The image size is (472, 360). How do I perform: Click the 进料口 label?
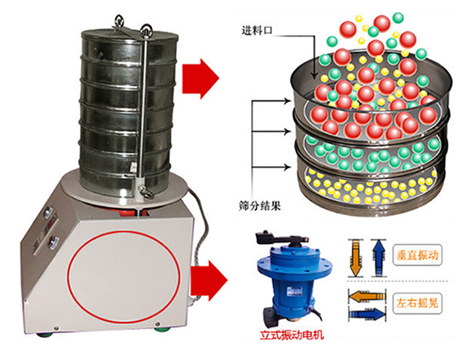(257, 31)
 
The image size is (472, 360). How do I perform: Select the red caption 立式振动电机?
(292, 334)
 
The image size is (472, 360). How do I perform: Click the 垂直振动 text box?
(417, 255)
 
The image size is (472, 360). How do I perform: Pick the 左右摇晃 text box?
(417, 303)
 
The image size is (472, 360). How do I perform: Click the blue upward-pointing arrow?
(378, 258)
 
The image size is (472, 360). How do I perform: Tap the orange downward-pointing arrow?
(355, 258)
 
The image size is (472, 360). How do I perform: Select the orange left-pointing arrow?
(367, 296)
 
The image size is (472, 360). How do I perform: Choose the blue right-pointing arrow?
(367, 314)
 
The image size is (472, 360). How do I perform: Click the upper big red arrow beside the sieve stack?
(201, 79)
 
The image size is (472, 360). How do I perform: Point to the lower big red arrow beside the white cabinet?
(209, 281)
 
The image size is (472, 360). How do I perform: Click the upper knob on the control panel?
(48, 212)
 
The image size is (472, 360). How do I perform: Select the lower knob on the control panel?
(54, 241)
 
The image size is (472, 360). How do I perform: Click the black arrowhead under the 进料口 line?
(314, 75)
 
